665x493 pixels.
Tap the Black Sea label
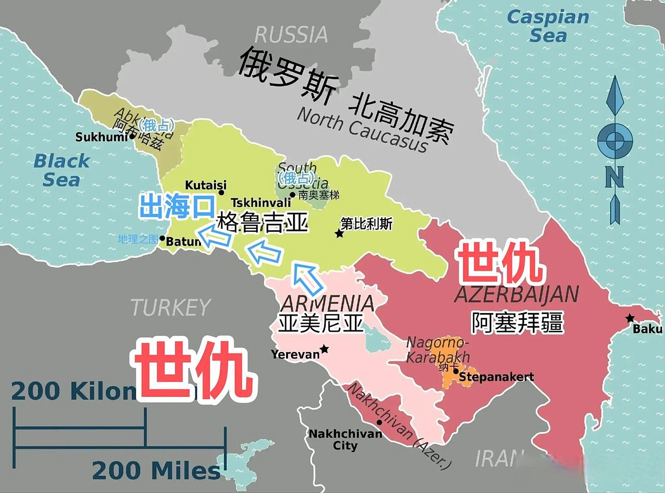(x=62, y=170)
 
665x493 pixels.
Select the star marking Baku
(x=630, y=319)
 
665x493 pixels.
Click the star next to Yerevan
(x=324, y=349)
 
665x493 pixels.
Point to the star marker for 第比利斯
(x=339, y=233)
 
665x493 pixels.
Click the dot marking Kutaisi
(x=221, y=193)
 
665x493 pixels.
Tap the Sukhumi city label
(x=101, y=137)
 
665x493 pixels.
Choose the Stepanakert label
(x=496, y=377)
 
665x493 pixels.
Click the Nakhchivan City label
(x=345, y=439)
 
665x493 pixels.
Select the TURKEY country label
(x=170, y=307)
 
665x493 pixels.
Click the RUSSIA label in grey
(x=291, y=35)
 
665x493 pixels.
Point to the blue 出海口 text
(x=177, y=207)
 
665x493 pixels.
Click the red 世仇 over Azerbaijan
(x=500, y=263)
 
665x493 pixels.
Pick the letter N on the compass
(x=614, y=177)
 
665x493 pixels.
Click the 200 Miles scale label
(x=156, y=471)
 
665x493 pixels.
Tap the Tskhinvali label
(x=261, y=202)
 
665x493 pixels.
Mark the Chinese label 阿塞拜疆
(x=518, y=322)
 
